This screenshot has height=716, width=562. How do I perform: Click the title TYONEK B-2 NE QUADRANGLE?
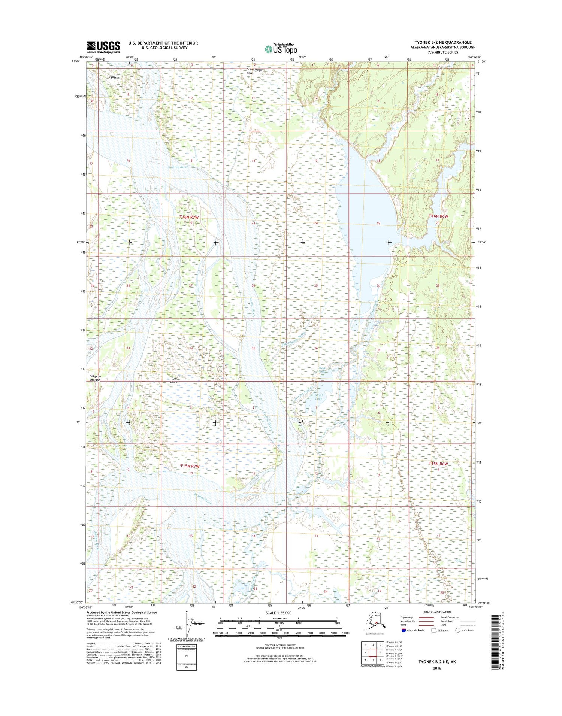[443, 42]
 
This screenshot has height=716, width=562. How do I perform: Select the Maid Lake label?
[318, 397]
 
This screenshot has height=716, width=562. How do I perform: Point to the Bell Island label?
[174, 380]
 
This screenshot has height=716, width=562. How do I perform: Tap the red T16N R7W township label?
[188, 217]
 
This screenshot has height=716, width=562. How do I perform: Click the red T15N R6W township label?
[438, 464]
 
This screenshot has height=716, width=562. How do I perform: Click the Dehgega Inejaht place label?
[95, 378]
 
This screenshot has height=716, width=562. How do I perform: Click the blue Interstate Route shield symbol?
[404, 630]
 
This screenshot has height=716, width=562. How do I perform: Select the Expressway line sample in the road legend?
[426, 618]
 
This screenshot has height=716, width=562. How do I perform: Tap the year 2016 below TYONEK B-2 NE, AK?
[437, 668]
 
